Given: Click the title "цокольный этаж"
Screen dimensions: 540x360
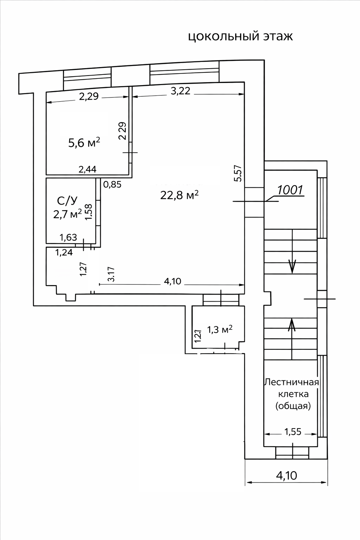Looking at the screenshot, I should coord(240,37).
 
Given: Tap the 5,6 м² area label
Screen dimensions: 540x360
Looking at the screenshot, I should coord(84,142).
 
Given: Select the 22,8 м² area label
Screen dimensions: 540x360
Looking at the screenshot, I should coord(179,195).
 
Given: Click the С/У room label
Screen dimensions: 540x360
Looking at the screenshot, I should coord(67,201).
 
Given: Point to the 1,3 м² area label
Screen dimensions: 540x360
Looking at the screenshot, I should coord(220,329).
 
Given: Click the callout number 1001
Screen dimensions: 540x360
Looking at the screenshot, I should coord(290,190).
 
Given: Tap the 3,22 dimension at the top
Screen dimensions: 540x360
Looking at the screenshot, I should coord(180,91).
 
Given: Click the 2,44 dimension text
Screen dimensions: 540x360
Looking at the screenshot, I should coord(88,169).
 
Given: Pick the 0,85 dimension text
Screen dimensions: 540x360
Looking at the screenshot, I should coord(112,184).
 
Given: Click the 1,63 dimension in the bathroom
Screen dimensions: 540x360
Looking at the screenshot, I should coord(68,238).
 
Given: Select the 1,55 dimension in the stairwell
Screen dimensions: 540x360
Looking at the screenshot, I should coord(292,431).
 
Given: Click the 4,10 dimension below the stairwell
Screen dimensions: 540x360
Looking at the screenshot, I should coord(287,476).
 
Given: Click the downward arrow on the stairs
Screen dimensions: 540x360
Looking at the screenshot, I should coord(292,266).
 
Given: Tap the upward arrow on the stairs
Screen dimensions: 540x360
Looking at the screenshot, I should coord(292,325).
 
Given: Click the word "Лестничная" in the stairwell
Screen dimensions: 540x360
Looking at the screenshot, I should coord(291,382).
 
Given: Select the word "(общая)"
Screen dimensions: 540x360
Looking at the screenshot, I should coord(293,406).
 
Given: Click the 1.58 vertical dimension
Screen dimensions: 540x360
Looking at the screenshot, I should coord(89,212).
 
